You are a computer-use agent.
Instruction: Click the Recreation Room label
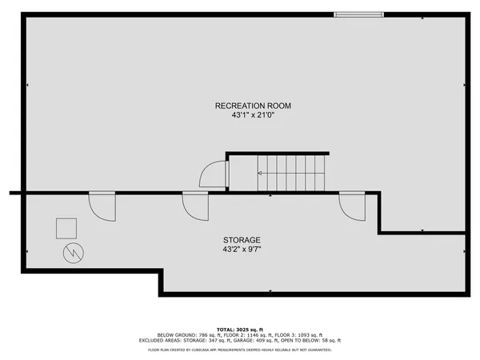coord(253,106)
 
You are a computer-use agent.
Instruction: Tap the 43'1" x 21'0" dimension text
coord(253,115)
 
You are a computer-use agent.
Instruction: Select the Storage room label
coord(242,240)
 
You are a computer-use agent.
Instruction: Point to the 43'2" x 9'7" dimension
coord(242,250)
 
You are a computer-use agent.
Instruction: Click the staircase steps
coord(291,173)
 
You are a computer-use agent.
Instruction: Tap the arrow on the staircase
coord(262,173)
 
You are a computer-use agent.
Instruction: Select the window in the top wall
coord(358,14)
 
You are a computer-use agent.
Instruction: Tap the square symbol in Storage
coord(66,229)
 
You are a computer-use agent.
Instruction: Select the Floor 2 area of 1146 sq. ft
coord(250,334)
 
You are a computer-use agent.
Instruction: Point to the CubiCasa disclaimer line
coord(240,350)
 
